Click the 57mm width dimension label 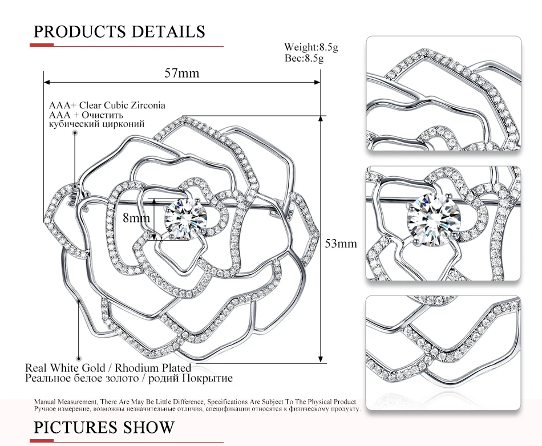pyautogui.click(x=182, y=73)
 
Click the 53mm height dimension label pyautogui.click(x=341, y=244)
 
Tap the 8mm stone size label pyautogui.click(x=136, y=218)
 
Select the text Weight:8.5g pyautogui.click(x=311, y=47)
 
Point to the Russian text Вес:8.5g pyautogui.click(x=304, y=58)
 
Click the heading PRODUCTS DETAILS pyautogui.click(x=119, y=32)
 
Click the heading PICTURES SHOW pyautogui.click(x=104, y=427)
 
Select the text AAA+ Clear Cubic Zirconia pyautogui.click(x=107, y=105)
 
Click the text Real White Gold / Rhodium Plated pyautogui.click(x=108, y=367)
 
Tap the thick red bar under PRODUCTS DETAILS pyautogui.click(x=42, y=45)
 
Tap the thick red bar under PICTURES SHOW pyautogui.click(x=42, y=441)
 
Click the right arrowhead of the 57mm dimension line pyautogui.click(x=317, y=82)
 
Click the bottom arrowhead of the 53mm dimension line pyautogui.click(x=321, y=359)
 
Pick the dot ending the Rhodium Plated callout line pyautogui.click(x=79, y=359)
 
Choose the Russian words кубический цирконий pyautogui.click(x=97, y=124)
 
